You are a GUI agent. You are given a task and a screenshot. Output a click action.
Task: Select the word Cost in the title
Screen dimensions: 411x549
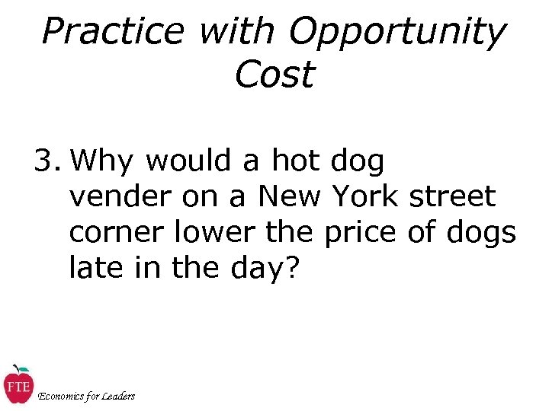coord(274,75)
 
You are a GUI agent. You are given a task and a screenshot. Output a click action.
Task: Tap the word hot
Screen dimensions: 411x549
coord(297,161)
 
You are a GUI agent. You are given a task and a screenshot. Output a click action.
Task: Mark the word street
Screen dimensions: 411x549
coord(452,197)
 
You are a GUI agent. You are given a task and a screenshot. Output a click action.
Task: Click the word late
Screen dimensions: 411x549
coord(95,268)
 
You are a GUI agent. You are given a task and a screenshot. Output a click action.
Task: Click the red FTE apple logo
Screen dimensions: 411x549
coord(17,384)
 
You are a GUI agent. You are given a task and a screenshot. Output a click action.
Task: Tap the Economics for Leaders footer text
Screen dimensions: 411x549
coord(86,396)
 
